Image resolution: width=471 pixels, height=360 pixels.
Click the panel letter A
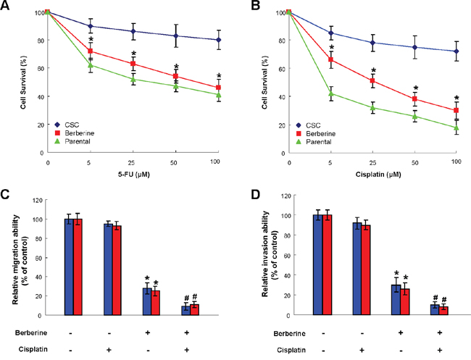click(x=7, y=7)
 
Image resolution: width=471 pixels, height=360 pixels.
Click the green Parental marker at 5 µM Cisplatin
click(x=331, y=93)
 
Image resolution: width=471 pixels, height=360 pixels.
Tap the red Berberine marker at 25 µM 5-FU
click(x=133, y=64)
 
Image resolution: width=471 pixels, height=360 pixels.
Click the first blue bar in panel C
click(x=70, y=267)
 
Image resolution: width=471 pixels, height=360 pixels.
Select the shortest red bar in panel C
click(x=195, y=309)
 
